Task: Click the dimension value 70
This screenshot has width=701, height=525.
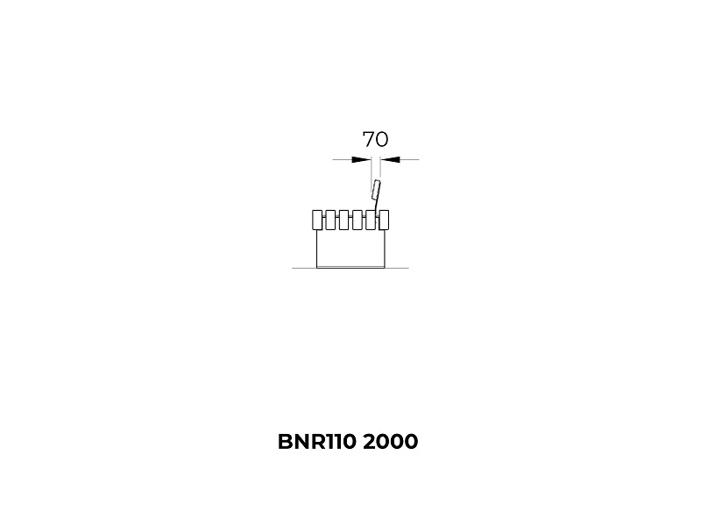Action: pos(375,139)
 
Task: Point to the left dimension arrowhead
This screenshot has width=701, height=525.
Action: pos(362,159)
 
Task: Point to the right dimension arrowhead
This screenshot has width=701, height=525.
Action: pos(390,159)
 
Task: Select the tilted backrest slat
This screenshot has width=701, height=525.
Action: pos(376,190)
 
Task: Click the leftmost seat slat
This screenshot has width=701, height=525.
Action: pos(317,220)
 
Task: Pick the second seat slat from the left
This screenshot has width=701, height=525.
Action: pos(330,220)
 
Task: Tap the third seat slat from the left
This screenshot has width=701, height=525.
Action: pos(343,220)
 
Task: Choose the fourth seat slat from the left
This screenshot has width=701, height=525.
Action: pos(358,220)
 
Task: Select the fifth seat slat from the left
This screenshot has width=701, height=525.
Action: pos(371,220)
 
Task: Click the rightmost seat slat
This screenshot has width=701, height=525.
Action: pos(384,220)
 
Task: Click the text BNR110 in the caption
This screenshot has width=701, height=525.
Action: pos(317,442)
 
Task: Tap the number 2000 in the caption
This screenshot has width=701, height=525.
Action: pos(391,442)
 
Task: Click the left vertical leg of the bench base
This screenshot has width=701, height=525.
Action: pos(317,248)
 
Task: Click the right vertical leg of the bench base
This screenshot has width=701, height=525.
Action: pos(384,248)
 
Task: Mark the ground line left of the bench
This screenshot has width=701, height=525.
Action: pos(304,268)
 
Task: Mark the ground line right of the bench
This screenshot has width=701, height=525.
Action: pos(397,268)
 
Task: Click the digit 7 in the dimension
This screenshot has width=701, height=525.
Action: pos(368,139)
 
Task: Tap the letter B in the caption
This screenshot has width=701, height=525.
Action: pos(284,442)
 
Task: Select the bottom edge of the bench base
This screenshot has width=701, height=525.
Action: pos(350,268)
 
